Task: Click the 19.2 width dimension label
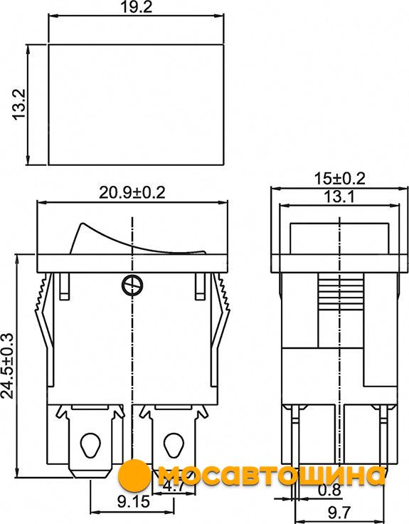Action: (x=137, y=6)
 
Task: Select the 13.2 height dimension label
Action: (x=19, y=104)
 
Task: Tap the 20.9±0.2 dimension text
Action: (x=132, y=192)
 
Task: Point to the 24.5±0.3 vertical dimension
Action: (x=7, y=366)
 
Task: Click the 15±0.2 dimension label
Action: (x=339, y=179)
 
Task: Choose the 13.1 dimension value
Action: (x=339, y=197)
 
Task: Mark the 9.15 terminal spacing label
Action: (x=134, y=501)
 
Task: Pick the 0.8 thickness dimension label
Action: (x=329, y=490)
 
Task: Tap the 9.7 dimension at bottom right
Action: (x=339, y=512)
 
